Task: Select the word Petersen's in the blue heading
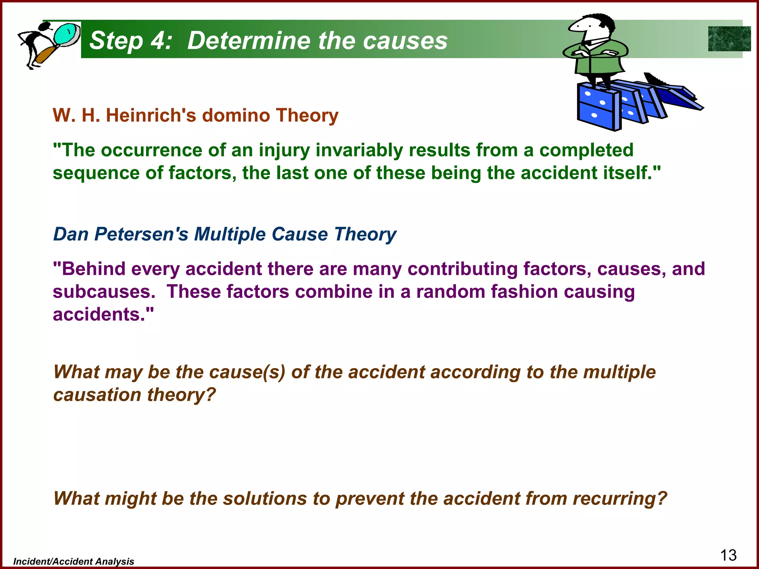pyautogui.click(x=141, y=234)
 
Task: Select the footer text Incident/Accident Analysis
pyautogui.click(x=74, y=562)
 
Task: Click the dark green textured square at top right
pyautogui.click(x=729, y=39)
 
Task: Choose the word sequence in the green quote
pyautogui.click(x=96, y=173)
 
